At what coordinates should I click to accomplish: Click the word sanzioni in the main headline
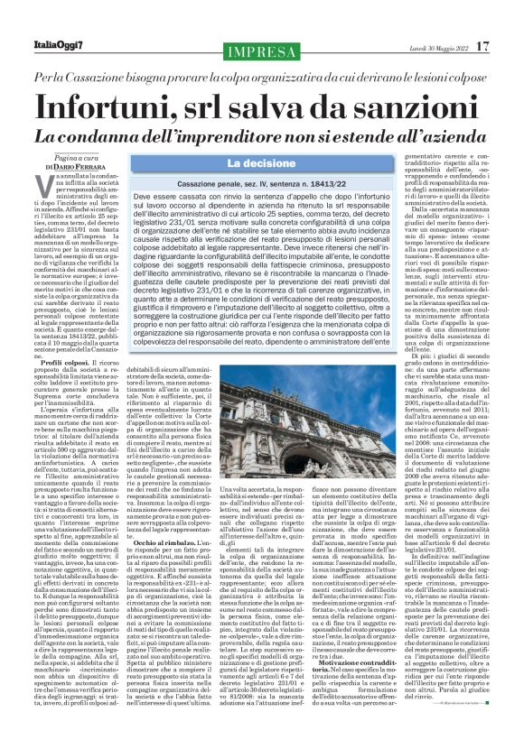pyautogui.click(x=407, y=107)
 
